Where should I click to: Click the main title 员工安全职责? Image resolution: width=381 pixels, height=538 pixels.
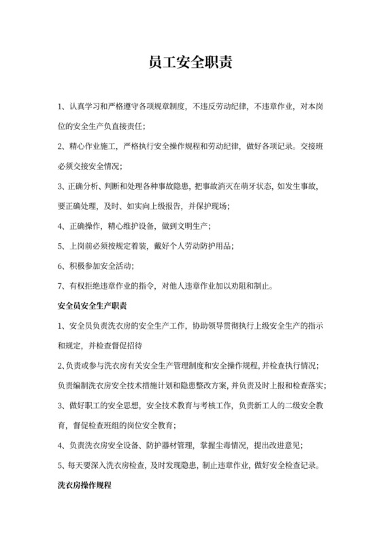[x=190, y=63]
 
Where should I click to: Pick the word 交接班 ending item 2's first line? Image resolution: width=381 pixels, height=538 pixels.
[x=310, y=145]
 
